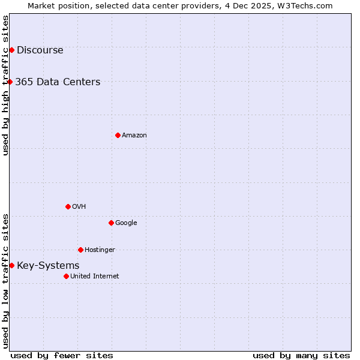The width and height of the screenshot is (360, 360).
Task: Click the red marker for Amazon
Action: click(118, 135)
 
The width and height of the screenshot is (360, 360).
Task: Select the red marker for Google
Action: click(111, 223)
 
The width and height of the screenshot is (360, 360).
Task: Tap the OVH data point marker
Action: click(68, 206)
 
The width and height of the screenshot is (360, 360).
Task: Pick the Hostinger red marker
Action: click(80, 250)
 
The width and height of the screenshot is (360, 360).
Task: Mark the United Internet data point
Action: click(66, 276)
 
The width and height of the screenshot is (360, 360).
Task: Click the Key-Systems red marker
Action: click(11, 265)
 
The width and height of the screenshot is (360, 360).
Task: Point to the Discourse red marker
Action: click(11, 50)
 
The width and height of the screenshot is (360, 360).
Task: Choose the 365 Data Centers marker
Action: click(10, 82)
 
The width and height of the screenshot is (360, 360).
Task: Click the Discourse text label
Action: click(40, 50)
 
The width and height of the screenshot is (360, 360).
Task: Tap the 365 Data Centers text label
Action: click(58, 82)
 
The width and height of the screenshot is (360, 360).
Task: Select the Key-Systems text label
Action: click(48, 265)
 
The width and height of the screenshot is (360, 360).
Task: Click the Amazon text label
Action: click(134, 135)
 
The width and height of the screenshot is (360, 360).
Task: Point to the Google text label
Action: click(126, 223)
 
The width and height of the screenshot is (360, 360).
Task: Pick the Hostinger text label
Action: click(100, 250)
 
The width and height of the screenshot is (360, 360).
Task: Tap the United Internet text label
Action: click(94, 276)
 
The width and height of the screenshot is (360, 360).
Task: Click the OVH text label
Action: click(79, 206)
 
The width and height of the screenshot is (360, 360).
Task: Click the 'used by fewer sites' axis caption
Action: click(62, 355)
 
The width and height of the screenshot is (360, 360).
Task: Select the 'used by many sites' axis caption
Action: click(301, 355)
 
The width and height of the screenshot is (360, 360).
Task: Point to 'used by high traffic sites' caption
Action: click(5, 85)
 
